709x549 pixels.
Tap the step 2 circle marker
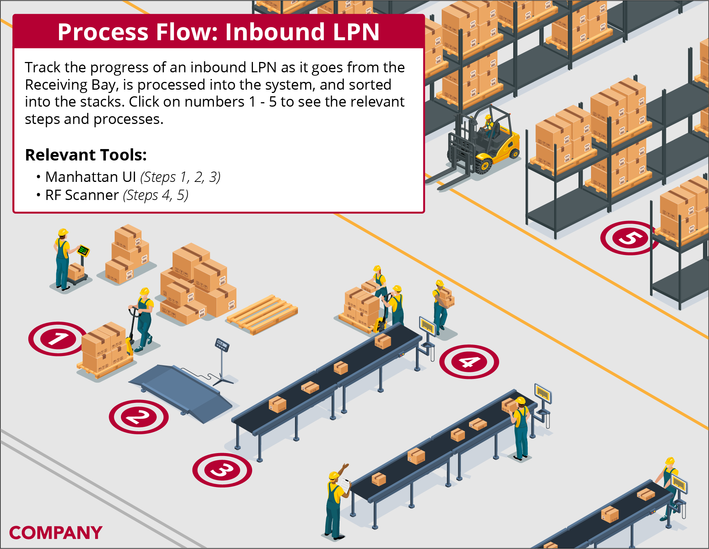pos(139,417)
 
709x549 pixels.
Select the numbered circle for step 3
pos(222,470)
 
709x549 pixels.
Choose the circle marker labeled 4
pos(469,362)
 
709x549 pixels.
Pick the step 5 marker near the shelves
pos(629,238)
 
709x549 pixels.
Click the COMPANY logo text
pos(56,533)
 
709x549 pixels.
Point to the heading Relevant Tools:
pos(86,155)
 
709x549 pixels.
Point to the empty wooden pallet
pos(262,314)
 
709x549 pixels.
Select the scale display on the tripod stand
pos(222,345)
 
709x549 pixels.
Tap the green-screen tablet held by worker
pos(84,251)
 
